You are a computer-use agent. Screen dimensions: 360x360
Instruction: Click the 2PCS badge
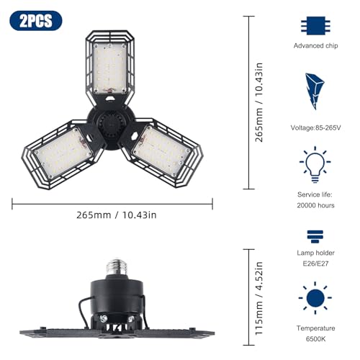(x=36, y=21)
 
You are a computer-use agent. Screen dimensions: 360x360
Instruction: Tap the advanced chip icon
(x=315, y=26)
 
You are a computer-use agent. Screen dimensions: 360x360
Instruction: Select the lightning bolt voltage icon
(x=315, y=91)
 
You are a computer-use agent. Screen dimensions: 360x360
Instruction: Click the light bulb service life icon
(x=315, y=165)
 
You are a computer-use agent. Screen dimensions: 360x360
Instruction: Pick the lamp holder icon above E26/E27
(x=315, y=236)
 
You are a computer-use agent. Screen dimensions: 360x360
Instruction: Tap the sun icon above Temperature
(x=315, y=298)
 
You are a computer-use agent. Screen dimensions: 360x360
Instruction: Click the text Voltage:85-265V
(x=315, y=127)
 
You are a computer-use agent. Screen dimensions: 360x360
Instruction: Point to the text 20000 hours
(x=315, y=205)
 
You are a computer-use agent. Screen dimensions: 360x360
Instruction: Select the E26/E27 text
(x=315, y=264)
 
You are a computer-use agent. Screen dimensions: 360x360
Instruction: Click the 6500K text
(x=315, y=339)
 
